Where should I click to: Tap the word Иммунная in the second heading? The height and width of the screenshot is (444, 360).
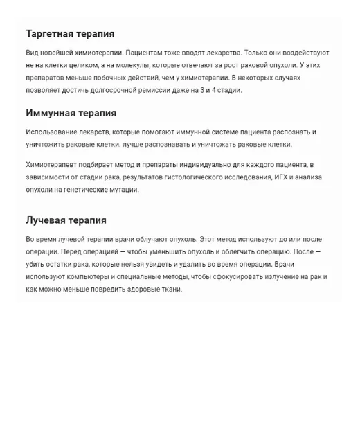pyautogui.click(x=50, y=113)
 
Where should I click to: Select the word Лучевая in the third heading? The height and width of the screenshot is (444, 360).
pyautogui.click(x=46, y=220)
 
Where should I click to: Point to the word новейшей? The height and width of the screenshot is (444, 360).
pyautogui.click(x=58, y=53)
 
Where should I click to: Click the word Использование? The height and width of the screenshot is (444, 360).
pyautogui.click(x=55, y=132)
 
